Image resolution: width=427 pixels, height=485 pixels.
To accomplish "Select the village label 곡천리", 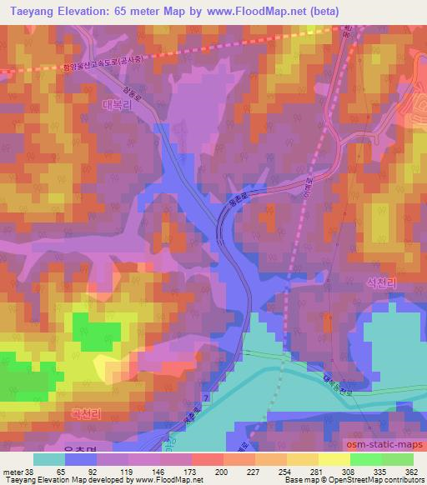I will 86,412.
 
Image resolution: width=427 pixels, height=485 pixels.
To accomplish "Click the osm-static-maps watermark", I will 383,439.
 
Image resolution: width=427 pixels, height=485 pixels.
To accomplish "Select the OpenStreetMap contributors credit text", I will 379,480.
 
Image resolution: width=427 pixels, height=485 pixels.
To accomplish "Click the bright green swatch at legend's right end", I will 398,458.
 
